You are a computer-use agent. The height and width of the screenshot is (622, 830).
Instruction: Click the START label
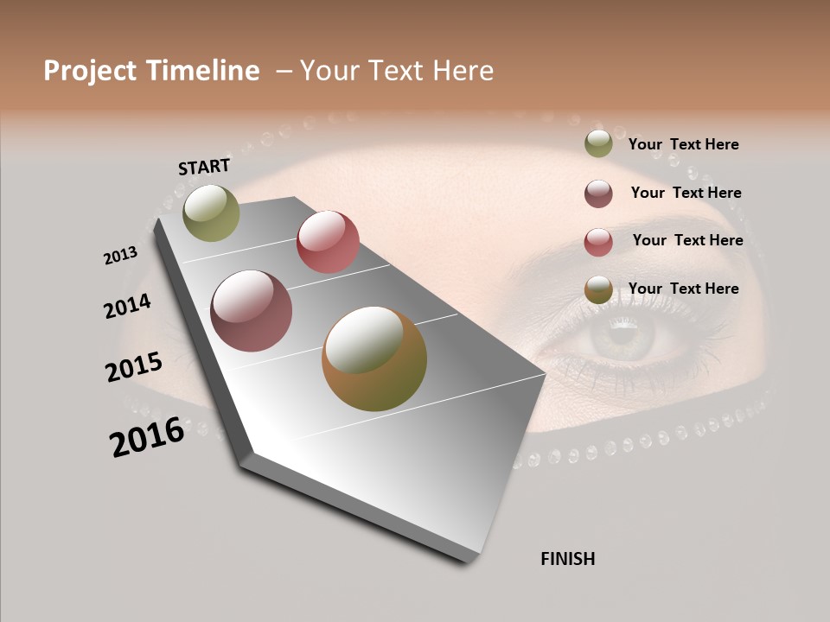click(204, 167)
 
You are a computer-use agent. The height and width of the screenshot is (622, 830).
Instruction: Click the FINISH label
click(567, 559)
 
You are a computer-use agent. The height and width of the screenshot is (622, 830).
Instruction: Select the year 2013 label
click(121, 256)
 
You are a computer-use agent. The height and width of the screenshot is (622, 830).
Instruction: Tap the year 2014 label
click(127, 306)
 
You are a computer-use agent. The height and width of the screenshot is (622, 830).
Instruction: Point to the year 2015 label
click(134, 367)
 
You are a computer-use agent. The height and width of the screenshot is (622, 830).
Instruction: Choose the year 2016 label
click(147, 437)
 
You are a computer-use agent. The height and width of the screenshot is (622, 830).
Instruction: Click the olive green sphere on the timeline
click(211, 213)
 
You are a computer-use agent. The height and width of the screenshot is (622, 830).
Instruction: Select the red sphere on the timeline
click(328, 242)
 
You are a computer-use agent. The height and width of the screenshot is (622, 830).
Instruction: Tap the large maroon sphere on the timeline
click(252, 311)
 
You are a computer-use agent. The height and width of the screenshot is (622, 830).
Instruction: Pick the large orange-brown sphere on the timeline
click(374, 359)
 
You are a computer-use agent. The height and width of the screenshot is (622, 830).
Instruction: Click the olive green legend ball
click(598, 144)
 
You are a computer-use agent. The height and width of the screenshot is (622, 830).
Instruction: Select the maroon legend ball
click(598, 194)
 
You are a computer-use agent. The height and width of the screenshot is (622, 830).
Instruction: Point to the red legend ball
click(598, 242)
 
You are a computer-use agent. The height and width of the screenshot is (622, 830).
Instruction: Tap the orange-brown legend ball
click(598, 290)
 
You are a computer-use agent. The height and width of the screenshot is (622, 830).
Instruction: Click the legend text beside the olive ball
click(683, 144)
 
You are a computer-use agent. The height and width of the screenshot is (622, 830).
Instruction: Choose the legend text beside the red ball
click(687, 240)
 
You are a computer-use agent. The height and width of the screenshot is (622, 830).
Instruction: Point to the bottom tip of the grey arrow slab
click(468, 562)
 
